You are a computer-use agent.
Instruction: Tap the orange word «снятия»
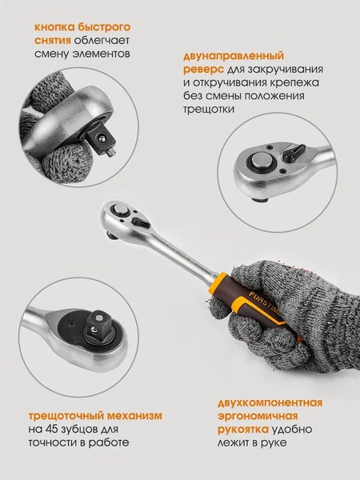coord(52,39)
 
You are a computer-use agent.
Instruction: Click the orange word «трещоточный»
coord(66,415)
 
